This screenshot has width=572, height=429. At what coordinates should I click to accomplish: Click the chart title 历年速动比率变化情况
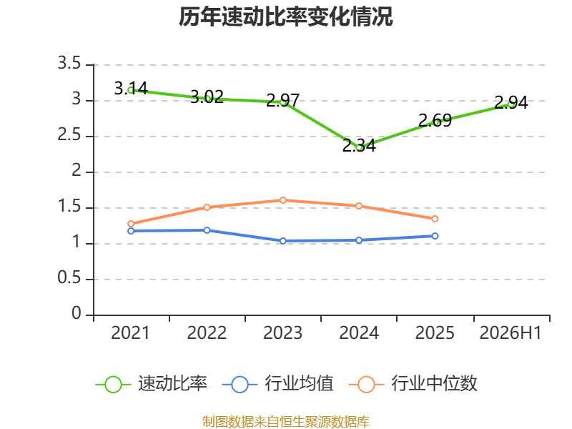coord(285,16)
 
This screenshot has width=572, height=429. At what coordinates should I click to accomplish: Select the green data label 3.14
coord(131,88)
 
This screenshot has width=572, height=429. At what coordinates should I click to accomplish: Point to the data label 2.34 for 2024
coord(359,145)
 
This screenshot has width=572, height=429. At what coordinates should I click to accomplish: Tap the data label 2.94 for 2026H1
coord(511,102)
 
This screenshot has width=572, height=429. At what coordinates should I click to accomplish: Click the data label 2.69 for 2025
coord(435,120)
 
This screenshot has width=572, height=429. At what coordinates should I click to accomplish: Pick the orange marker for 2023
coord(282,200)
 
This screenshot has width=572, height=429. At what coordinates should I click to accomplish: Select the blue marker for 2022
coord(207,230)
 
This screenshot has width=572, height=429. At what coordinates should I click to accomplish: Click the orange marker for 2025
coord(435,219)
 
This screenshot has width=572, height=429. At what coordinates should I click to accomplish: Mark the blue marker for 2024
coord(359,240)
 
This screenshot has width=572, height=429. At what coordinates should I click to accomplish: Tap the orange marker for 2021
coord(131,224)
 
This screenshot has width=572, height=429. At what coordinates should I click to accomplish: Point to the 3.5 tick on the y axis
coord(69,64)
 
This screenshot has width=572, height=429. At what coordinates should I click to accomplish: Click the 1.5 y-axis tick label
coord(69,207)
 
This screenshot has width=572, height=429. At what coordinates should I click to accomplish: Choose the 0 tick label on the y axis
coord(77,314)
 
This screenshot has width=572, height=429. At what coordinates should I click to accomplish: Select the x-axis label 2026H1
coord(511,333)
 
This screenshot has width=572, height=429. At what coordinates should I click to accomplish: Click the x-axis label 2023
coord(282,333)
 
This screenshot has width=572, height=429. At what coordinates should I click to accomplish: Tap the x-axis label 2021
coord(130,333)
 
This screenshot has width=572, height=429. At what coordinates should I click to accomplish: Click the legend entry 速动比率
coord(151,384)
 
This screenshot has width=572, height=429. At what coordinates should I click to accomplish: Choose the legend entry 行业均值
coord(277,384)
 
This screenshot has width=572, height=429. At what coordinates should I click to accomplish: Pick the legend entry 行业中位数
coord(413,384)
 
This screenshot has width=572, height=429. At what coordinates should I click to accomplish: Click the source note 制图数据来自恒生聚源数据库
coord(286,422)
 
